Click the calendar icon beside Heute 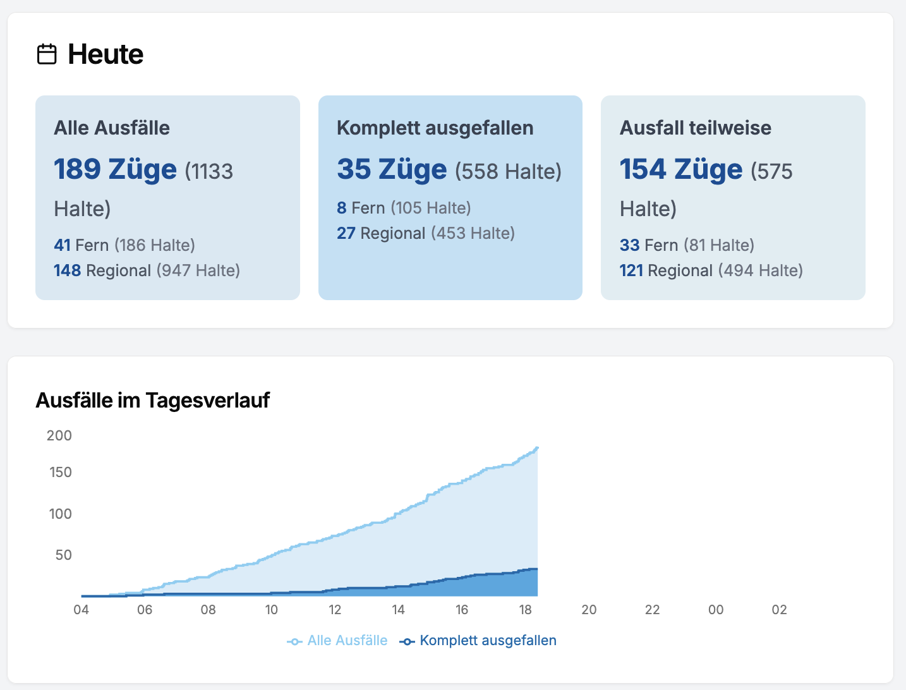coord(47,54)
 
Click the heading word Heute coord(106,54)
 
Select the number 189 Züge coord(115,169)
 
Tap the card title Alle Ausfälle coord(112,128)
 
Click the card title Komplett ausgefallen coord(435,128)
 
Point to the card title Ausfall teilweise coord(695,128)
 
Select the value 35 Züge coord(392,169)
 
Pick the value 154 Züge coord(680,169)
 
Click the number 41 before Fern coord(62,245)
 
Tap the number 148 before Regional coord(67,270)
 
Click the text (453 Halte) coord(473,233)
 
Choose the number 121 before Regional coord(631,270)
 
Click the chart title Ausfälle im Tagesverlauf coord(152,400)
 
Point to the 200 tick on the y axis coord(59,435)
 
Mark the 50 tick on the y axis coord(63,555)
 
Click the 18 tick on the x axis coord(525,610)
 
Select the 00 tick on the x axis coord(716,610)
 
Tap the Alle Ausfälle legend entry coord(338,641)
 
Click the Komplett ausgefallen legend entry coord(478,641)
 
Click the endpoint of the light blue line coord(537,448)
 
